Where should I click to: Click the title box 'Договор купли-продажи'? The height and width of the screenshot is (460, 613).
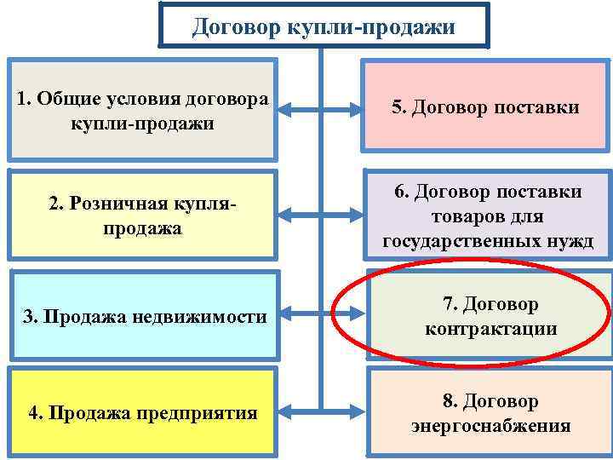324,26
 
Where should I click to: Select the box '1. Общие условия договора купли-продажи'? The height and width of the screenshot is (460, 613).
142,109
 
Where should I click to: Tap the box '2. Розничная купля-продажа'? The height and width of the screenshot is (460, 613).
142,216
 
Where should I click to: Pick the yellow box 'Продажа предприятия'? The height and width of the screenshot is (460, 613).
142,412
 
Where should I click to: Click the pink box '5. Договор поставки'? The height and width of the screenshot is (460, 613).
486,107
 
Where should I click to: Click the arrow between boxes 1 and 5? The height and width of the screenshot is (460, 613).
320,109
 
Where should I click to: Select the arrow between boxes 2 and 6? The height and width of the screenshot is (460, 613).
320,216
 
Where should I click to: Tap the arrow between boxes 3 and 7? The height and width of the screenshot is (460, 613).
320,316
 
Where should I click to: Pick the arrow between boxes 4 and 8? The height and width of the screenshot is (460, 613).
320,412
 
